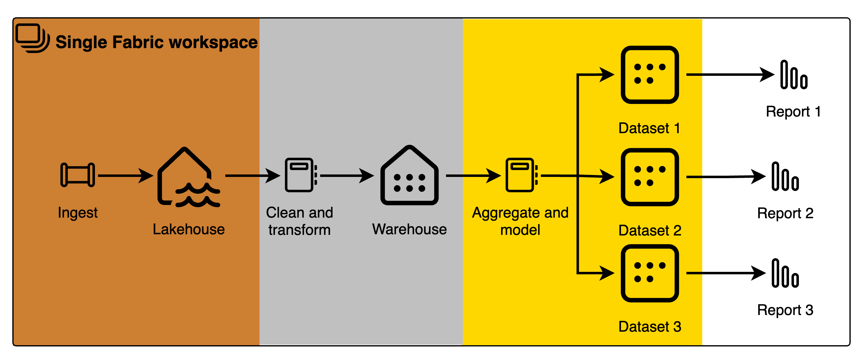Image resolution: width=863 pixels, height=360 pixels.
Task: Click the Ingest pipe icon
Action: tap(78, 174)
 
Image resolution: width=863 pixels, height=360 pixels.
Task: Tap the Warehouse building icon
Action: tap(409, 176)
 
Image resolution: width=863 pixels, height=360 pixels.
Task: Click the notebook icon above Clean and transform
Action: tap(300, 175)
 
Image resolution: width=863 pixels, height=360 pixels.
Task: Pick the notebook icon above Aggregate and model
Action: tap(521, 175)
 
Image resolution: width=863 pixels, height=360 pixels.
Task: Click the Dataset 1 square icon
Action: tap(650, 75)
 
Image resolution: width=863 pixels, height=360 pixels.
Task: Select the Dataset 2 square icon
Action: tap(650, 177)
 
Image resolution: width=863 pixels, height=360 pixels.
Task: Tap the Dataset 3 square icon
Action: tap(650, 273)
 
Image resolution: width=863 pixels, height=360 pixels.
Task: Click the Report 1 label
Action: tap(795, 112)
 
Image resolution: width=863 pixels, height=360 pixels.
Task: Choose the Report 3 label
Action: tap(785, 311)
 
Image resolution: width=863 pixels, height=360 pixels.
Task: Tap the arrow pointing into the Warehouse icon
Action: tap(347, 175)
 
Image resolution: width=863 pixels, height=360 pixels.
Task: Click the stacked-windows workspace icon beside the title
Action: tap(32, 38)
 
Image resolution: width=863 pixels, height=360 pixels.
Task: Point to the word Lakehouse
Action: tap(189, 229)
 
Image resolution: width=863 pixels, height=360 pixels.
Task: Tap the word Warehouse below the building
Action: tap(409, 229)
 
